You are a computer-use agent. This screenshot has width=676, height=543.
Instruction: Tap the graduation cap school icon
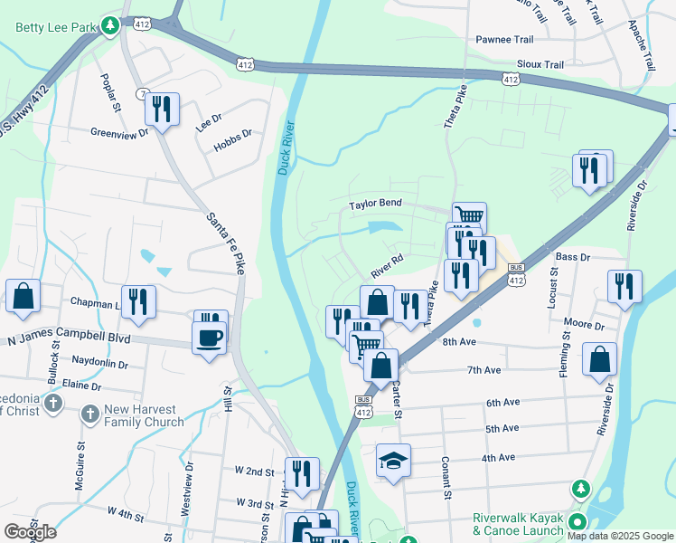393,461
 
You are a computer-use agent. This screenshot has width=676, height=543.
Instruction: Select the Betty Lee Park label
55,27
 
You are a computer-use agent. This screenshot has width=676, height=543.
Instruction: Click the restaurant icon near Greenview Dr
162,110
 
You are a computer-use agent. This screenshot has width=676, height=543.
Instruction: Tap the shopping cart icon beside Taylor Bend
469,216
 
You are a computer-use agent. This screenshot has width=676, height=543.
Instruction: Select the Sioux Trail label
540,65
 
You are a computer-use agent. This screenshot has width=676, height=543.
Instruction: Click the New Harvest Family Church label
144,415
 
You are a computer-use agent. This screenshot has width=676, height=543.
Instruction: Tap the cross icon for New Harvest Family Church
89,414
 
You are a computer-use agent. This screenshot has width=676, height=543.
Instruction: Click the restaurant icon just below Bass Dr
624,285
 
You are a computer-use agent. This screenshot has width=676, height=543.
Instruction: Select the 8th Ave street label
460,342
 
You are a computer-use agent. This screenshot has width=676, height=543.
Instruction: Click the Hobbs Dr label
233,146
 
